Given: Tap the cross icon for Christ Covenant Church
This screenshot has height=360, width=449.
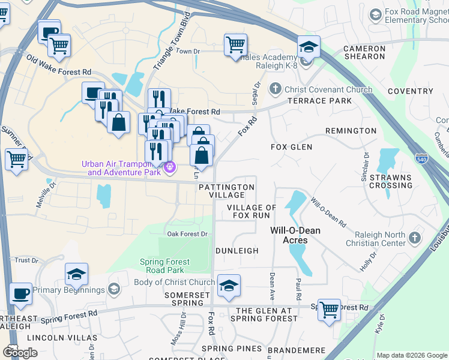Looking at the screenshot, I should point(276,89).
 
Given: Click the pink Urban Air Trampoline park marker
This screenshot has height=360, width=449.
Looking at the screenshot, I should point(170,167).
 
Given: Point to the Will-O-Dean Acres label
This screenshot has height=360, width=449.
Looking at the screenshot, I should point(295,235).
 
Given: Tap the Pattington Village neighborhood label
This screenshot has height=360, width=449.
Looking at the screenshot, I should point(226,191).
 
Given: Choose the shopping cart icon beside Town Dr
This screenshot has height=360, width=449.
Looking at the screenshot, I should point(235,44).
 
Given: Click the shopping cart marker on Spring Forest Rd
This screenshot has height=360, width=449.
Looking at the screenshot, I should point(329,310).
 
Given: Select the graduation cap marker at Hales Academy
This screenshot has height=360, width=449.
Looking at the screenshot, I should point(309,47).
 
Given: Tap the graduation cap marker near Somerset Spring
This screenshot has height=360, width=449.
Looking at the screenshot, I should point(228,286).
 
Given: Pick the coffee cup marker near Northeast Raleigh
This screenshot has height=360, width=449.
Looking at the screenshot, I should point(21,293).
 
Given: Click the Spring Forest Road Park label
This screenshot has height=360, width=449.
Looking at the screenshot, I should point(164,266).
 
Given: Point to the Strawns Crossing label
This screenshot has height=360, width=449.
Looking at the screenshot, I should point(391,181).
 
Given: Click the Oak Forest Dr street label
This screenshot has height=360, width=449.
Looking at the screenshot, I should point(187,234).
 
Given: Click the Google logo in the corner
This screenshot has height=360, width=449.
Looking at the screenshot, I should point(20,352).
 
